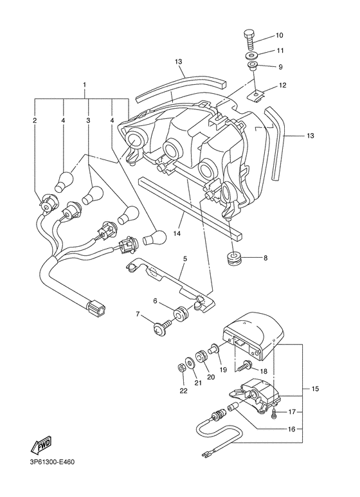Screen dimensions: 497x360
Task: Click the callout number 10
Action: (x=280, y=35)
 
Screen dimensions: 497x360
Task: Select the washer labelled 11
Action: (x=251, y=55)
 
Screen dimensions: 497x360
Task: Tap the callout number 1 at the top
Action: (x=84, y=85)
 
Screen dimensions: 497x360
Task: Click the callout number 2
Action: (x=35, y=120)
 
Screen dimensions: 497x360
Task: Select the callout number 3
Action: (x=87, y=120)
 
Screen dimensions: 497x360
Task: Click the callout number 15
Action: (x=314, y=389)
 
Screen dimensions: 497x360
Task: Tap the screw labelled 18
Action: (x=244, y=368)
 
